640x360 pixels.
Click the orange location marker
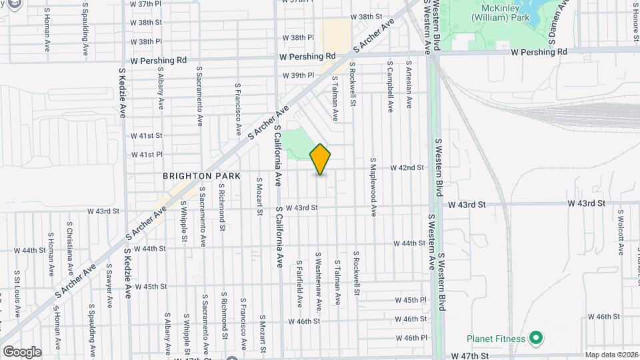321,159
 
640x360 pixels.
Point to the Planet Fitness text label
493,338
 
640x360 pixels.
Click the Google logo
22,351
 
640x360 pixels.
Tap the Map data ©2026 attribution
611,355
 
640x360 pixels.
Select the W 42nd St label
407,167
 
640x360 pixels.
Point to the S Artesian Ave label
409,85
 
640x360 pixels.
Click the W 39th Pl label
298,75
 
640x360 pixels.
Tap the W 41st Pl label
147,154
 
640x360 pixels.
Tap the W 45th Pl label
410,301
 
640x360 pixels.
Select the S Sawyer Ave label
109,285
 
